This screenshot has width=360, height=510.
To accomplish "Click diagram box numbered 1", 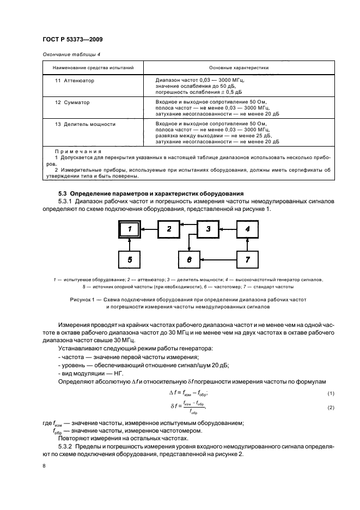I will click(130, 229).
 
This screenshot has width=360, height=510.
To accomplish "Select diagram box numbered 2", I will click(169, 229).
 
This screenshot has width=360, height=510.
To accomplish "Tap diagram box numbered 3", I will click(208, 229).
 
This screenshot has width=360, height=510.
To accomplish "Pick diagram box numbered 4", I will click(247, 229).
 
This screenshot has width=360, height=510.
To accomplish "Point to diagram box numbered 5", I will click(130, 259).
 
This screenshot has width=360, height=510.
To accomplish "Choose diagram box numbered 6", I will click(189, 259).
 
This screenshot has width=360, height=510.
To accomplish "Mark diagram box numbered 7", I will click(247, 259).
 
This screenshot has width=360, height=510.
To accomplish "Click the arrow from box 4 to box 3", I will click(228, 229).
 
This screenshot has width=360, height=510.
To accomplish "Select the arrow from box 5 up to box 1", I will click(130, 244).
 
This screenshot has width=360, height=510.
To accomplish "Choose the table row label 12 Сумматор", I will click(72, 102).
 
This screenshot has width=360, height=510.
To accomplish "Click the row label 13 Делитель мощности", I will click(85, 124).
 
